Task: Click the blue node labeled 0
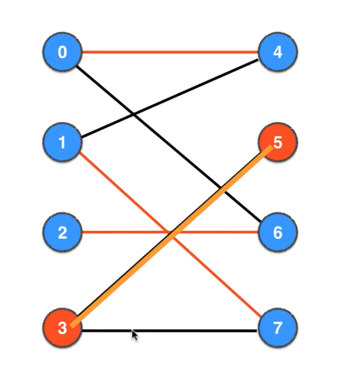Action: [62, 53]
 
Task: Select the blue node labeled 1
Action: [62, 142]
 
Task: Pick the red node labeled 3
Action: [62, 328]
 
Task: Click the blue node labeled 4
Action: [278, 53]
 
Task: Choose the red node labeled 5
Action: [278, 142]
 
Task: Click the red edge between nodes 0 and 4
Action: [168, 53]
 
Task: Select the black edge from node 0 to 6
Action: [168, 140]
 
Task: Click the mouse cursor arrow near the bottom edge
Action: [134, 335]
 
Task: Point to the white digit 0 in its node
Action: [62, 53]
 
